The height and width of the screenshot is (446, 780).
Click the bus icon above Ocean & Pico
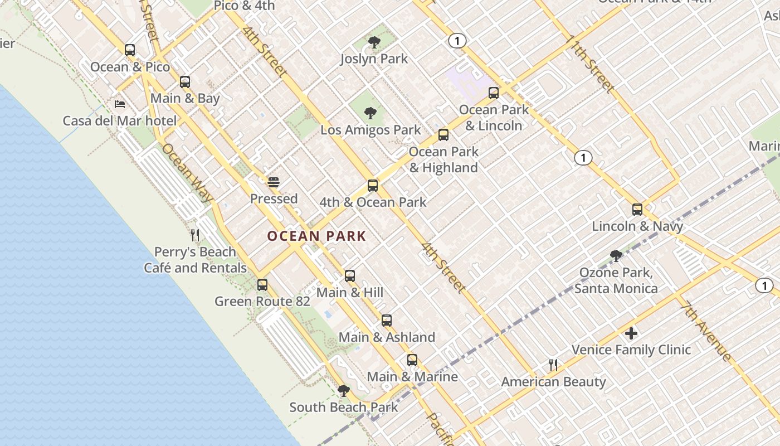[130, 50]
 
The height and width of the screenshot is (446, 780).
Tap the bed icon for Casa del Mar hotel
[120, 104]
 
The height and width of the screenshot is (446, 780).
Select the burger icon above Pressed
[273, 182]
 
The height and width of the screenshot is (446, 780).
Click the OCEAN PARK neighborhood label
[316, 236]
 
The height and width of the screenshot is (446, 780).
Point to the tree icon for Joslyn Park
[374, 42]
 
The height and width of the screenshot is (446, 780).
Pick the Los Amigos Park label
[370, 130]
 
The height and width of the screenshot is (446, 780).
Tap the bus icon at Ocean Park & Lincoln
[494, 93]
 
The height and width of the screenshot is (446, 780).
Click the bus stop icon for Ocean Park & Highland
[443, 134]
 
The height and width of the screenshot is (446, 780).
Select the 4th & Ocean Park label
[373, 202]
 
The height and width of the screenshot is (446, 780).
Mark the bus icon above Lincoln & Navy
[637, 210]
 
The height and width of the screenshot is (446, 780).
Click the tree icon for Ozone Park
[616, 256]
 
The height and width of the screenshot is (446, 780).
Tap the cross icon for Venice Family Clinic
[631, 333]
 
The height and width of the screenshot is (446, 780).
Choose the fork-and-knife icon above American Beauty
[553, 365]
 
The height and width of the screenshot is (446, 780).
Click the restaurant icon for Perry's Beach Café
[195, 235]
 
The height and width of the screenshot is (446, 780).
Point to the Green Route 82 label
[262, 302]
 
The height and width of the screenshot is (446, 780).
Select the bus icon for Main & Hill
[350, 275]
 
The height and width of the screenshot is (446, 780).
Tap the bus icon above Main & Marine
[412, 360]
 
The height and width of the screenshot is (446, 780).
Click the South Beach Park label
[344, 407]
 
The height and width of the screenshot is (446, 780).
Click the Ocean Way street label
[187, 173]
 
